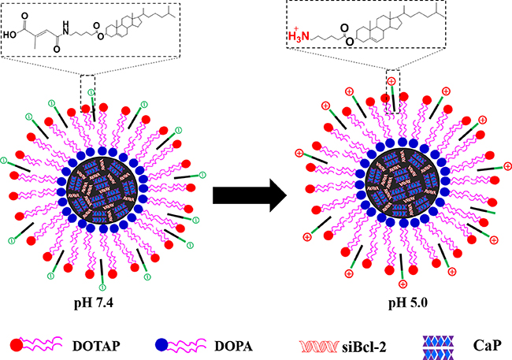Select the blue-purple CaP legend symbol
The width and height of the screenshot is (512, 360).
(446, 344)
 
